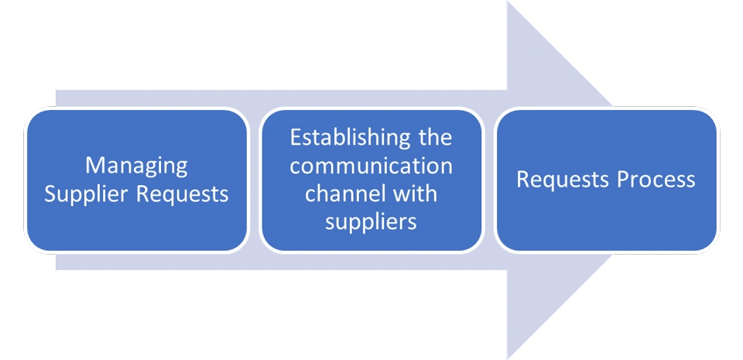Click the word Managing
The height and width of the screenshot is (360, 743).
click(136, 166)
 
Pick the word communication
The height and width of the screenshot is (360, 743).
click(371, 166)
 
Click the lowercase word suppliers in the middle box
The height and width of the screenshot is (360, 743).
click(371, 221)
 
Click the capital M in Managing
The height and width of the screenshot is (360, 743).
click(94, 166)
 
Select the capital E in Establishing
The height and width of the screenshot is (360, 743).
click(295, 139)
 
